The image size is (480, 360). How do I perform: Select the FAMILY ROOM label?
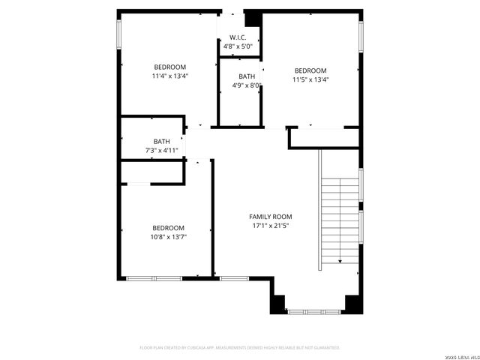(271, 216)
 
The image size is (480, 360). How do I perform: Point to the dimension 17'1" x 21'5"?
(271, 225)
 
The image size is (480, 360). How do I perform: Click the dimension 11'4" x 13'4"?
(169, 76)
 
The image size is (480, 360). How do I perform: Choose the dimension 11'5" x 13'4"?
(310, 79)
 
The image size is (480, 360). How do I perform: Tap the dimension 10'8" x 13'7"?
(169, 237)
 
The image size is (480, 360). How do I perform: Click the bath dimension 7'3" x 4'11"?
(162, 151)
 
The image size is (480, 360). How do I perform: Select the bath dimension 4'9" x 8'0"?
(247, 85)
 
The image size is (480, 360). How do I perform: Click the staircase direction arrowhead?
(340, 261)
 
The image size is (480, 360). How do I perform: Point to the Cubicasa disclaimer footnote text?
(240, 348)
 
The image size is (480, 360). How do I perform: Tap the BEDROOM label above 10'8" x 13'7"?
(169, 228)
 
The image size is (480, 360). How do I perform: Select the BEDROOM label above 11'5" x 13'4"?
(310, 70)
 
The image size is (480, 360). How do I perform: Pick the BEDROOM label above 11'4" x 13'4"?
(169, 67)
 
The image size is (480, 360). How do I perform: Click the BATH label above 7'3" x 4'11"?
(162, 141)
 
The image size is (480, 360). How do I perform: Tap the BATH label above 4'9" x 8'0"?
(247, 76)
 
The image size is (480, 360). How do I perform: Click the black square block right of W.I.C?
(252, 18)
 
